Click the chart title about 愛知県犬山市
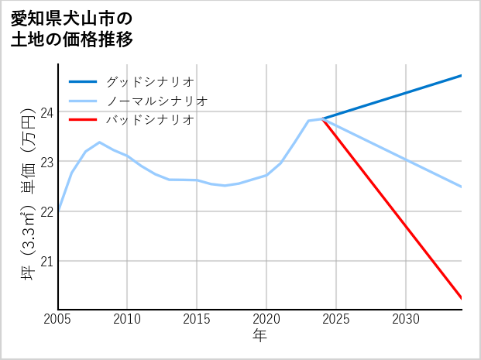(71, 29)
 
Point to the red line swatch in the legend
(83, 120)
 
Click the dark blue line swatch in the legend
(83, 81)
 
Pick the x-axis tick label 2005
(58, 319)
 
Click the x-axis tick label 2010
(127, 319)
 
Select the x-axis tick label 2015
(197, 319)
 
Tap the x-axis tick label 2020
(266, 319)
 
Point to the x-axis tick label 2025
(336, 319)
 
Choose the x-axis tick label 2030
(406, 319)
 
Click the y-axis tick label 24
(47, 112)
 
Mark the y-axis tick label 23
(47, 162)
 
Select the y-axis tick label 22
(47, 211)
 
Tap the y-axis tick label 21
(47, 261)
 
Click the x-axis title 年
(259, 336)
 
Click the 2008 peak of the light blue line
(100, 142)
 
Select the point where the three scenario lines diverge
(322, 118)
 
